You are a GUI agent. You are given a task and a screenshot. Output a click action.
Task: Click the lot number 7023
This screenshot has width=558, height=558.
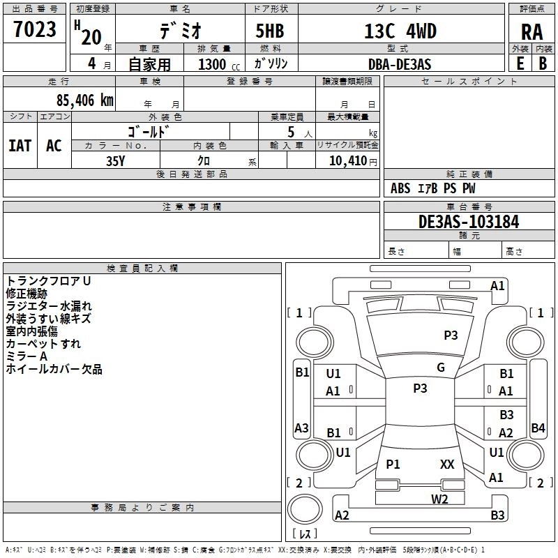35,29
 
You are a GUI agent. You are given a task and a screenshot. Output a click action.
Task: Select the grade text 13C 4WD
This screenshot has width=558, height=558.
400,31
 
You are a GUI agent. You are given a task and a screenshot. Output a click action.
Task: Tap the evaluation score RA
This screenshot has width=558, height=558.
531,32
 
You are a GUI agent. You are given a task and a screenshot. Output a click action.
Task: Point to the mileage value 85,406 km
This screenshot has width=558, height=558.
84,100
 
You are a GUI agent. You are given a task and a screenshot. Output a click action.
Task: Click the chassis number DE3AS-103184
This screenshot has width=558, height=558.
469,222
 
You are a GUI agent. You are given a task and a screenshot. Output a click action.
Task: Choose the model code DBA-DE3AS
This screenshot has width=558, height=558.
400,64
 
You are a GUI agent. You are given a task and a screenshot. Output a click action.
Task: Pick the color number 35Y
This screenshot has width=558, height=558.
116,161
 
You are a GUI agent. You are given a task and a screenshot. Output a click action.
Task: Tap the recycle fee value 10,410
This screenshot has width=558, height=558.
348,161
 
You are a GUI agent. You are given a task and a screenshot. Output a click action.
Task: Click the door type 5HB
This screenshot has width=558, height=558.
270,31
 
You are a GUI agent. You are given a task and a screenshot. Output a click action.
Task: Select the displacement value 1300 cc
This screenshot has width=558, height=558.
219,64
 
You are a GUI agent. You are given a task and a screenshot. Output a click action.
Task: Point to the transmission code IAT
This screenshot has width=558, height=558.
20,146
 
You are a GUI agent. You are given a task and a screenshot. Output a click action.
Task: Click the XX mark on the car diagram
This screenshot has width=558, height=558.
447,465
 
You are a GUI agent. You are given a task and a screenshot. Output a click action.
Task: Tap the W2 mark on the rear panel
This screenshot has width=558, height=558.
439,499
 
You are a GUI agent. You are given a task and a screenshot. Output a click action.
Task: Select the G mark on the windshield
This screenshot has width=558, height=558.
441,368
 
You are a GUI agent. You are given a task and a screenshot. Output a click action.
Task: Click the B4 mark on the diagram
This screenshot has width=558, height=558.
538,428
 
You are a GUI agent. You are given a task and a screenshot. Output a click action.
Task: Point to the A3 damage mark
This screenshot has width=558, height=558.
301,428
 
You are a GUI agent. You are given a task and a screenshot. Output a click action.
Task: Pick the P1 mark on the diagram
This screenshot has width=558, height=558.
393,465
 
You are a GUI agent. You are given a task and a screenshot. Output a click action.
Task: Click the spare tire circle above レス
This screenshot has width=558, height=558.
305,509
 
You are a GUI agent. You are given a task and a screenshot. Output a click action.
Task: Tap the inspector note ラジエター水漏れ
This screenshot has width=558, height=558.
49,306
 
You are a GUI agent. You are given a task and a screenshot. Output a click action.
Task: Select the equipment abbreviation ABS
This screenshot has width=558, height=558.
400,188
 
